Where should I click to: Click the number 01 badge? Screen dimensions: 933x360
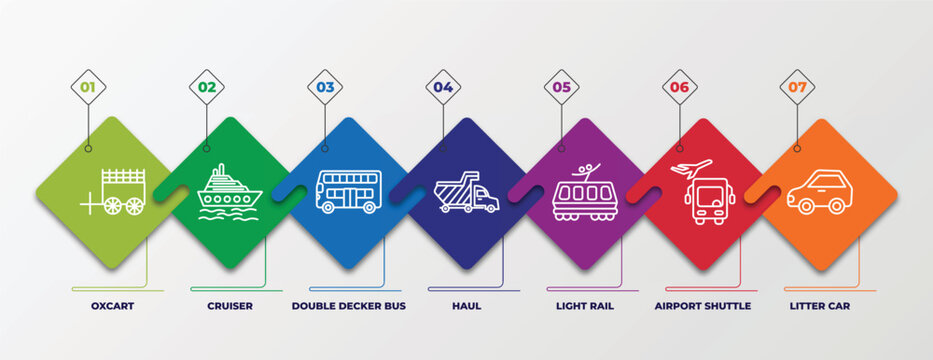(88, 87)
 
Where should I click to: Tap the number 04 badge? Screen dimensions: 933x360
(443, 87)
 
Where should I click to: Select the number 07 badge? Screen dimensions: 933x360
(797, 87)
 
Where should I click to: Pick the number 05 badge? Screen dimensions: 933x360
(561, 87)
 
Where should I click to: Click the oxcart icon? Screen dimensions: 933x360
(115, 192)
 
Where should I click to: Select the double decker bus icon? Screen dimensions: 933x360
(348, 192)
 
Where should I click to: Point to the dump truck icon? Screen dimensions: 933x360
(466, 192)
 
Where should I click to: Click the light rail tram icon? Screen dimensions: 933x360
(584, 193)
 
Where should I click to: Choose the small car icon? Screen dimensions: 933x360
(819, 192)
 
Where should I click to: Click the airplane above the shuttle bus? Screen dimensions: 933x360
(695, 167)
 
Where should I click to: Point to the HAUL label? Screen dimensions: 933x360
(466, 306)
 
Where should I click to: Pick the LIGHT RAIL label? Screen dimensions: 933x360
(585, 306)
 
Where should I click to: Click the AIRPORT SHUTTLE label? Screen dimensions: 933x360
(702, 306)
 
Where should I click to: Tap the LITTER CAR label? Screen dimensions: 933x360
(819, 306)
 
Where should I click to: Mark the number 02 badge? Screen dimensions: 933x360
(206, 87)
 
